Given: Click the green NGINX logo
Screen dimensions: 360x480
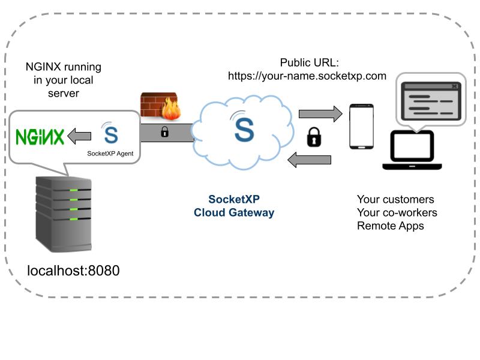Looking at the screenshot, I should coord(40,137).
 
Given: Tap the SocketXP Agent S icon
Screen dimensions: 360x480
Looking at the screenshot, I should coord(110,133).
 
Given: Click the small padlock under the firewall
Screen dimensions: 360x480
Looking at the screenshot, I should coord(164,132).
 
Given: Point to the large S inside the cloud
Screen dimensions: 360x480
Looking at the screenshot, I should coord(244,128).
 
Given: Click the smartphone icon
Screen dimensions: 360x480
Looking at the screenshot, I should coord(362,127).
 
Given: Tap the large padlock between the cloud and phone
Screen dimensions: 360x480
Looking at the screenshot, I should coord(314,137).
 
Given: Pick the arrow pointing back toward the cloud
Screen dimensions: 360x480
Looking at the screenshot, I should coord(310,160).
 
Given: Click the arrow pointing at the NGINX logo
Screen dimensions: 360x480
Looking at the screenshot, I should coord(79,137).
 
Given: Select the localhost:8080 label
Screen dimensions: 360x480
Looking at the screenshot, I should coord(74,271).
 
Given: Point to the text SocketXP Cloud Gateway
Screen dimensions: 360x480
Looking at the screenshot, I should coord(234,206).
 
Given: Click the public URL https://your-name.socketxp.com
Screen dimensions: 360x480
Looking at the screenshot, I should coord(307,76).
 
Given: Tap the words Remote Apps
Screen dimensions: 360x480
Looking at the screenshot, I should coord(391,226).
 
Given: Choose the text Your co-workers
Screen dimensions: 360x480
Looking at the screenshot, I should coord(397,213).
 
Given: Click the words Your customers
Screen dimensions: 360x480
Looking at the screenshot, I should coord(395,200).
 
